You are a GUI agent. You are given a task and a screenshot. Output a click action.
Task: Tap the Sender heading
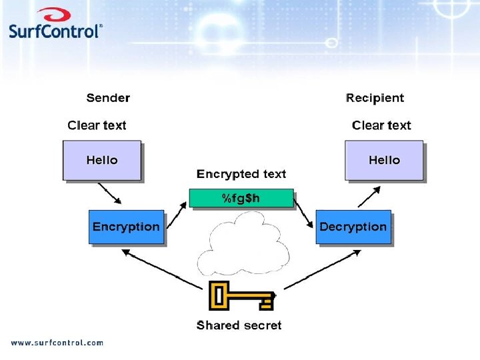108,98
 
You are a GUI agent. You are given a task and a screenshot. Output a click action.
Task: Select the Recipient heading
375,98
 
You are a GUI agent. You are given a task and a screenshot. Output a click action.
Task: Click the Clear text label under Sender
97,125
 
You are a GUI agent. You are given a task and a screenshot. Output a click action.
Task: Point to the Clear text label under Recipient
381,125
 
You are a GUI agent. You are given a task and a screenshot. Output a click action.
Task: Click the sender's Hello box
102,160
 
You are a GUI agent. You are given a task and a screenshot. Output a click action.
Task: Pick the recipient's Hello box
384,160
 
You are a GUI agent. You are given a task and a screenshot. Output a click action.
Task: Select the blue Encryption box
126,227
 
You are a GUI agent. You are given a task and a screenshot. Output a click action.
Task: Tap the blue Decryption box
353,227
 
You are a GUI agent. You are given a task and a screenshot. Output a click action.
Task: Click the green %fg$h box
241,198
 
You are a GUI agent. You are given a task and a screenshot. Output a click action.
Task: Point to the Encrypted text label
241,174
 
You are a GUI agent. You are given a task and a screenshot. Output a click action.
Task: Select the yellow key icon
241,296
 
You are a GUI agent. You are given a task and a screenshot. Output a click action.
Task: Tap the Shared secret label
239,325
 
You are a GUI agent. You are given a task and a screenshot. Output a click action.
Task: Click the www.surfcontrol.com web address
57,343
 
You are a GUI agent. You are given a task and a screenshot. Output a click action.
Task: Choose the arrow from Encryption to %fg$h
176,213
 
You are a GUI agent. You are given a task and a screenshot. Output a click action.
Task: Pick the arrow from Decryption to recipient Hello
369,197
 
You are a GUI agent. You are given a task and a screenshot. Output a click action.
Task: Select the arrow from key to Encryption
163,269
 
